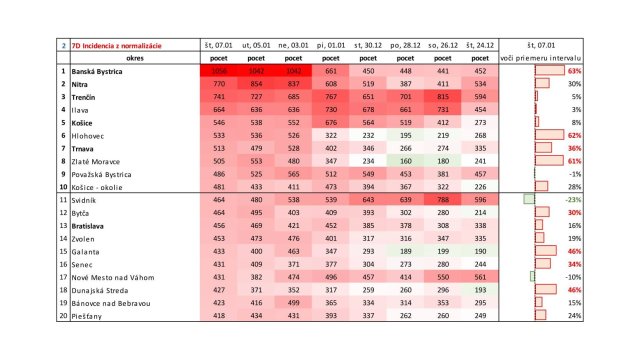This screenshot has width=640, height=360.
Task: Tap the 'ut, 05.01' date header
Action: click(x=256, y=46)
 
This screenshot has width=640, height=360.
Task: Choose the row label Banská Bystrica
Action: click(x=106, y=72)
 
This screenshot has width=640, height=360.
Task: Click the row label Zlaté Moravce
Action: click(x=101, y=160)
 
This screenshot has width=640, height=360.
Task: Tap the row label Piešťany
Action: click(x=92, y=316)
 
